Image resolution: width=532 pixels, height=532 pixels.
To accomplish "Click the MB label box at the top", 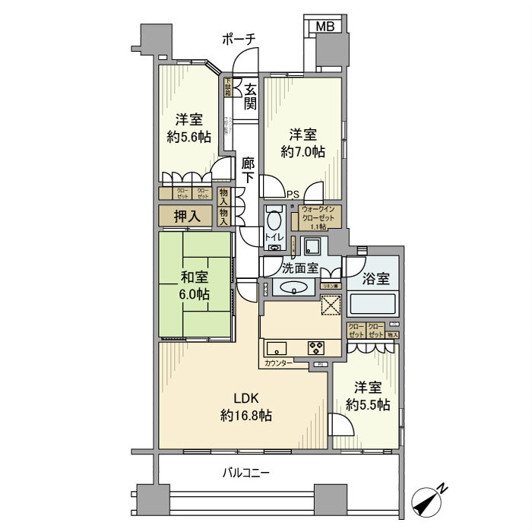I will (x=325, y=26).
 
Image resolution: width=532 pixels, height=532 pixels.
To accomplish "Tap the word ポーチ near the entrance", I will (x=239, y=38).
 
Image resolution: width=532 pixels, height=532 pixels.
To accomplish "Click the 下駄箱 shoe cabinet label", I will (x=227, y=87).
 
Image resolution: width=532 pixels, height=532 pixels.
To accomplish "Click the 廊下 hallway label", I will (x=249, y=170).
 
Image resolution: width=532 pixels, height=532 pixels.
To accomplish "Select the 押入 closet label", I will (x=187, y=217).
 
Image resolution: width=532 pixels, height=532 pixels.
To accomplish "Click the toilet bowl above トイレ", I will (x=274, y=220).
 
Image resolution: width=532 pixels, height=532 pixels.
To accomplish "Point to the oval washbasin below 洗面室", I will (x=293, y=288).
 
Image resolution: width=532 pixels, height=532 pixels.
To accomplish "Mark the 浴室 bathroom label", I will (x=376, y=278).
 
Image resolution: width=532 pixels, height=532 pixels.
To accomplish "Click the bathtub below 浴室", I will (x=373, y=305).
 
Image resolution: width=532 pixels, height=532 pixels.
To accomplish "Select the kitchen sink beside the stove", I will (x=276, y=349).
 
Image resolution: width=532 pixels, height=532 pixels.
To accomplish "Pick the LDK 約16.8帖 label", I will (x=246, y=407).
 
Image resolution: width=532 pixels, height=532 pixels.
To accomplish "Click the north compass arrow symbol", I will (x=430, y=502).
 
